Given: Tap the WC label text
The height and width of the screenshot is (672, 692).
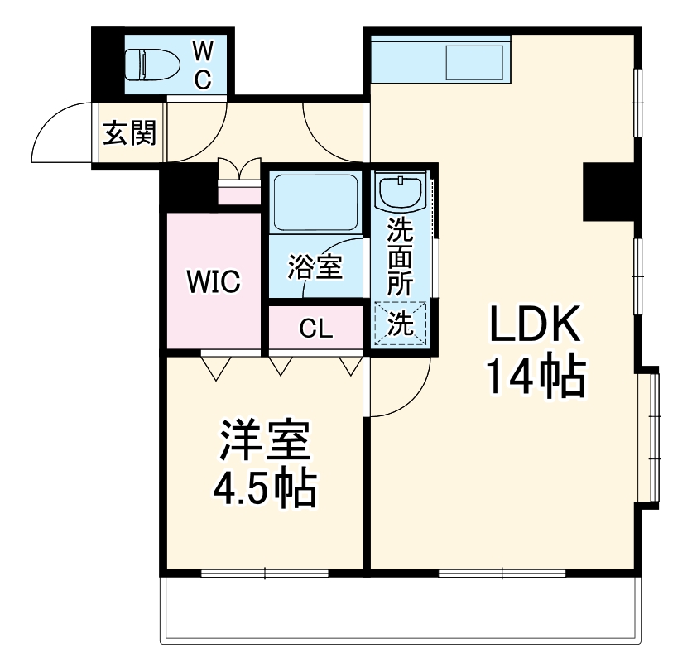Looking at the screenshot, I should pos(203,65).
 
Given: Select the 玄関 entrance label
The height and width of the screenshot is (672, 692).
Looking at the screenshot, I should pos(129,132).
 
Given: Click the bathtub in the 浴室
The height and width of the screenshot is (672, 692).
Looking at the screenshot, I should pos(315,204).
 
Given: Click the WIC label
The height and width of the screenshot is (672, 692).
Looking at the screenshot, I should pos(213,282).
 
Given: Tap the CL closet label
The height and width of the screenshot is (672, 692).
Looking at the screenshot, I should pos(315,329).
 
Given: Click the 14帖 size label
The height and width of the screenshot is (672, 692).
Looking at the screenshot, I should pos(532,377).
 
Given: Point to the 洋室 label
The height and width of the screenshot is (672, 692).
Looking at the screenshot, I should pos(265,444).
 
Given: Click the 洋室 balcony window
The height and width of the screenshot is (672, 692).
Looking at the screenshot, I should pos(265,572).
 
